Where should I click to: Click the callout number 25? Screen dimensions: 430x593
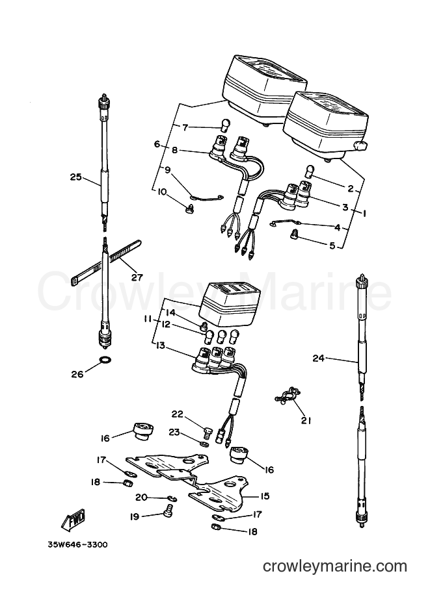coord(75,177)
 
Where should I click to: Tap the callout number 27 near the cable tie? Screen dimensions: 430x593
coord(137,277)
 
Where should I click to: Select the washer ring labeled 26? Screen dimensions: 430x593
coord(107,359)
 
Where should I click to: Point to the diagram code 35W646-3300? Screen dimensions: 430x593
coord(77,545)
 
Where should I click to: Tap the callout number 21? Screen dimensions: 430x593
coord(306,420)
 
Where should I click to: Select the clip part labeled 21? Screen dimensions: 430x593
coord(286,394)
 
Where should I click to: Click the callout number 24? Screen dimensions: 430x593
coord(319,358)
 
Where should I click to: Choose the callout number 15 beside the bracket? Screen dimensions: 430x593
coord(265,496)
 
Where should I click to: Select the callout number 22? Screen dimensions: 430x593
coord(178,414)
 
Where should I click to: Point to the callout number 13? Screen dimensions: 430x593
coord(160,346)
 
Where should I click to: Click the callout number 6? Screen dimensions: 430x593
coord(157,144)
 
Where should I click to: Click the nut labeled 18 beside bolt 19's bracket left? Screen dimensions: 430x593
coord(128,483)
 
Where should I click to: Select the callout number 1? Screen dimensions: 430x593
coord(364,213)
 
